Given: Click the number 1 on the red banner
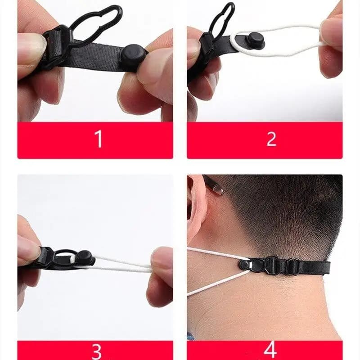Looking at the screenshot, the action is coord(99,139).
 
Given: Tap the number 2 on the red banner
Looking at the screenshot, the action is coord(271,139).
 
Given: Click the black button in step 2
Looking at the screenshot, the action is coord(255,40).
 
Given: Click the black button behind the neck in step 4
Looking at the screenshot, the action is coord(245,265).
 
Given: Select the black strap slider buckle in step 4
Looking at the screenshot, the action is coord(272,265).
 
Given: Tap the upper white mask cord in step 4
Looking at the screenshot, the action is coord(216,253).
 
